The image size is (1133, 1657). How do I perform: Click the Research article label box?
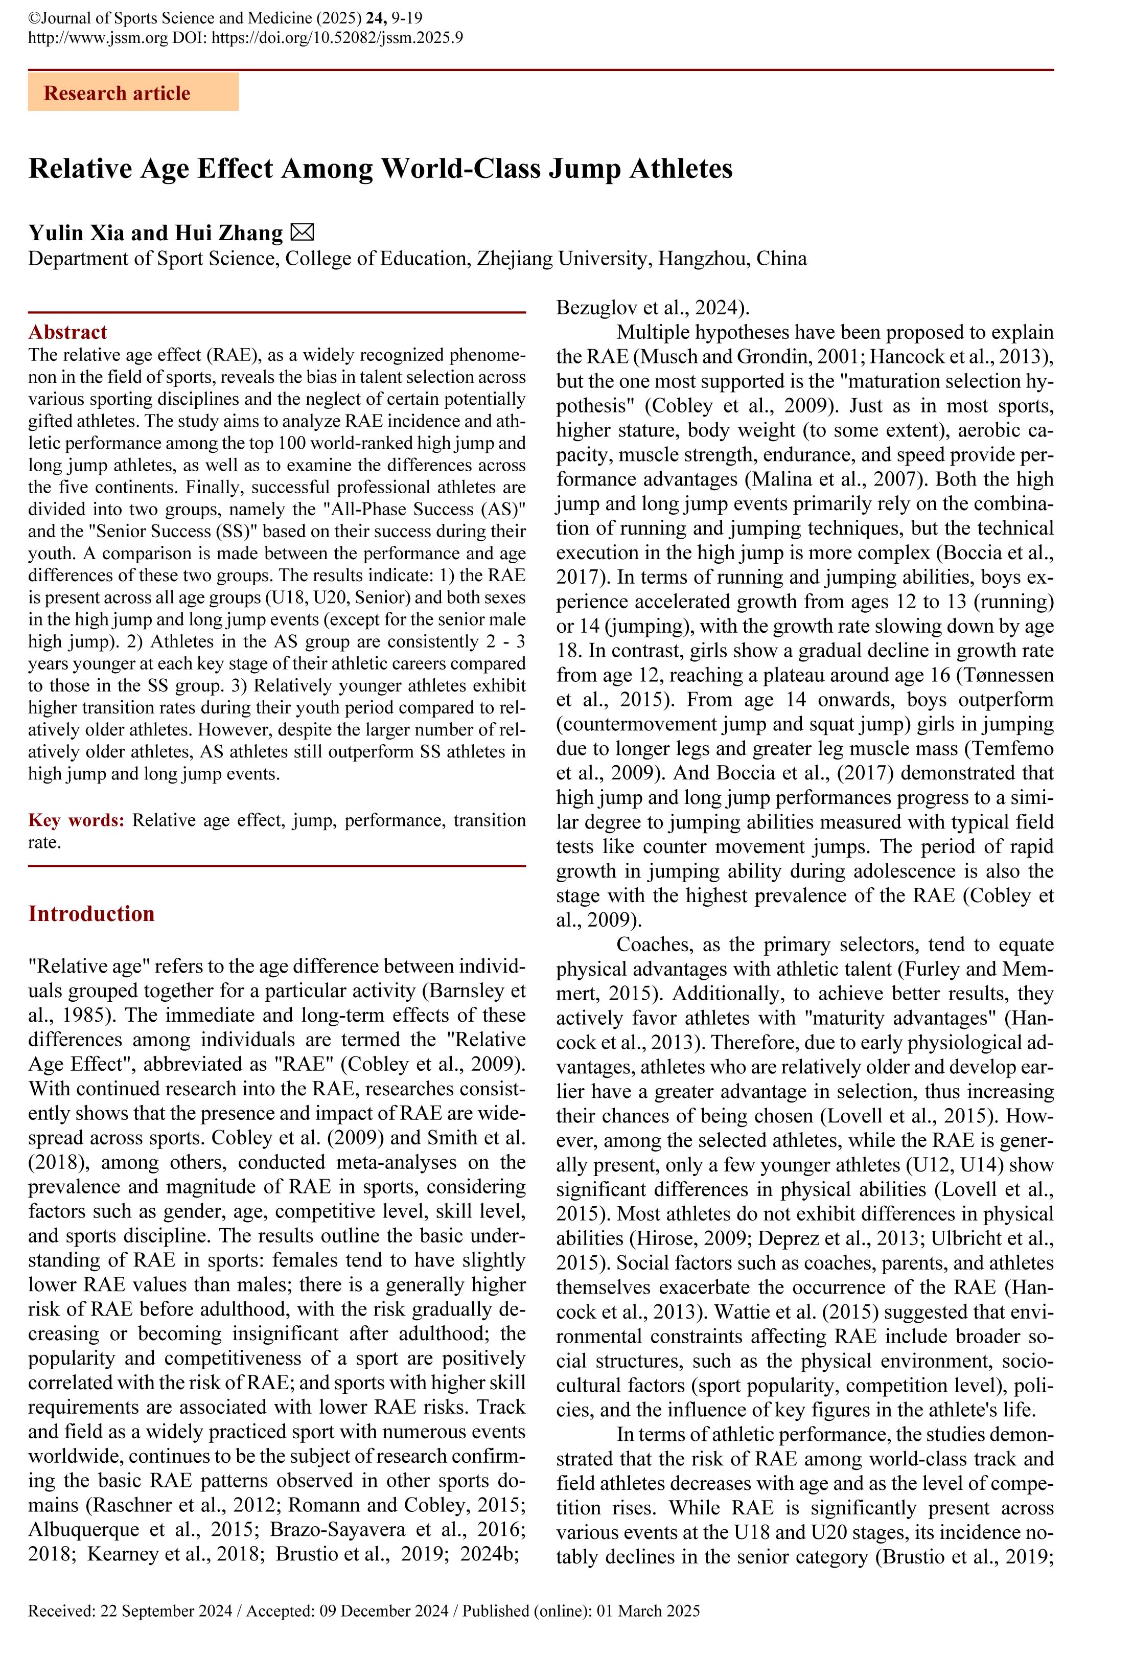pos(133,93)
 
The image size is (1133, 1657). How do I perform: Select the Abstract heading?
pos(68,332)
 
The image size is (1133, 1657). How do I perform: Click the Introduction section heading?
pos(91,913)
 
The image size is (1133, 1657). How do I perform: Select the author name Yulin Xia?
pos(77,233)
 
